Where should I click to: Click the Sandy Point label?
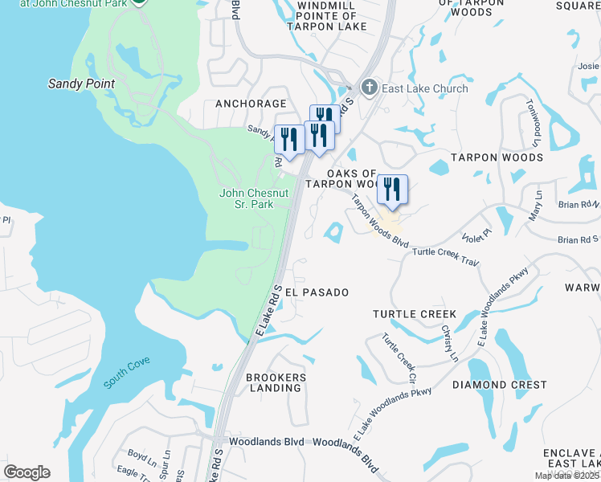(x=81, y=84)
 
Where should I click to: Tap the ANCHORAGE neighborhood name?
(x=251, y=104)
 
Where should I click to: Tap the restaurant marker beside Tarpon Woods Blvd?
(x=392, y=190)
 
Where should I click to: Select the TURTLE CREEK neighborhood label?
(x=415, y=314)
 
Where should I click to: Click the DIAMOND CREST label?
(x=491, y=385)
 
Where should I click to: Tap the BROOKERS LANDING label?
(x=276, y=382)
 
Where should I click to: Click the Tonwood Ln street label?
(x=531, y=127)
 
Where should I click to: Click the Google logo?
(x=27, y=472)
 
